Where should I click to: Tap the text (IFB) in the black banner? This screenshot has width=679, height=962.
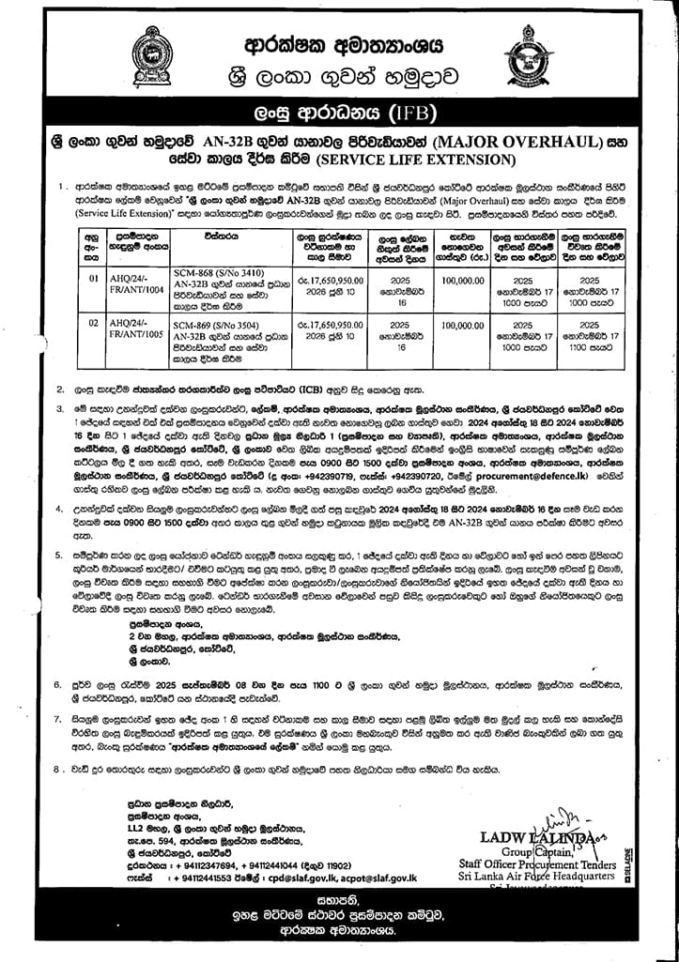410,115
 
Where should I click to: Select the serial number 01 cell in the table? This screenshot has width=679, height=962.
93,279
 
